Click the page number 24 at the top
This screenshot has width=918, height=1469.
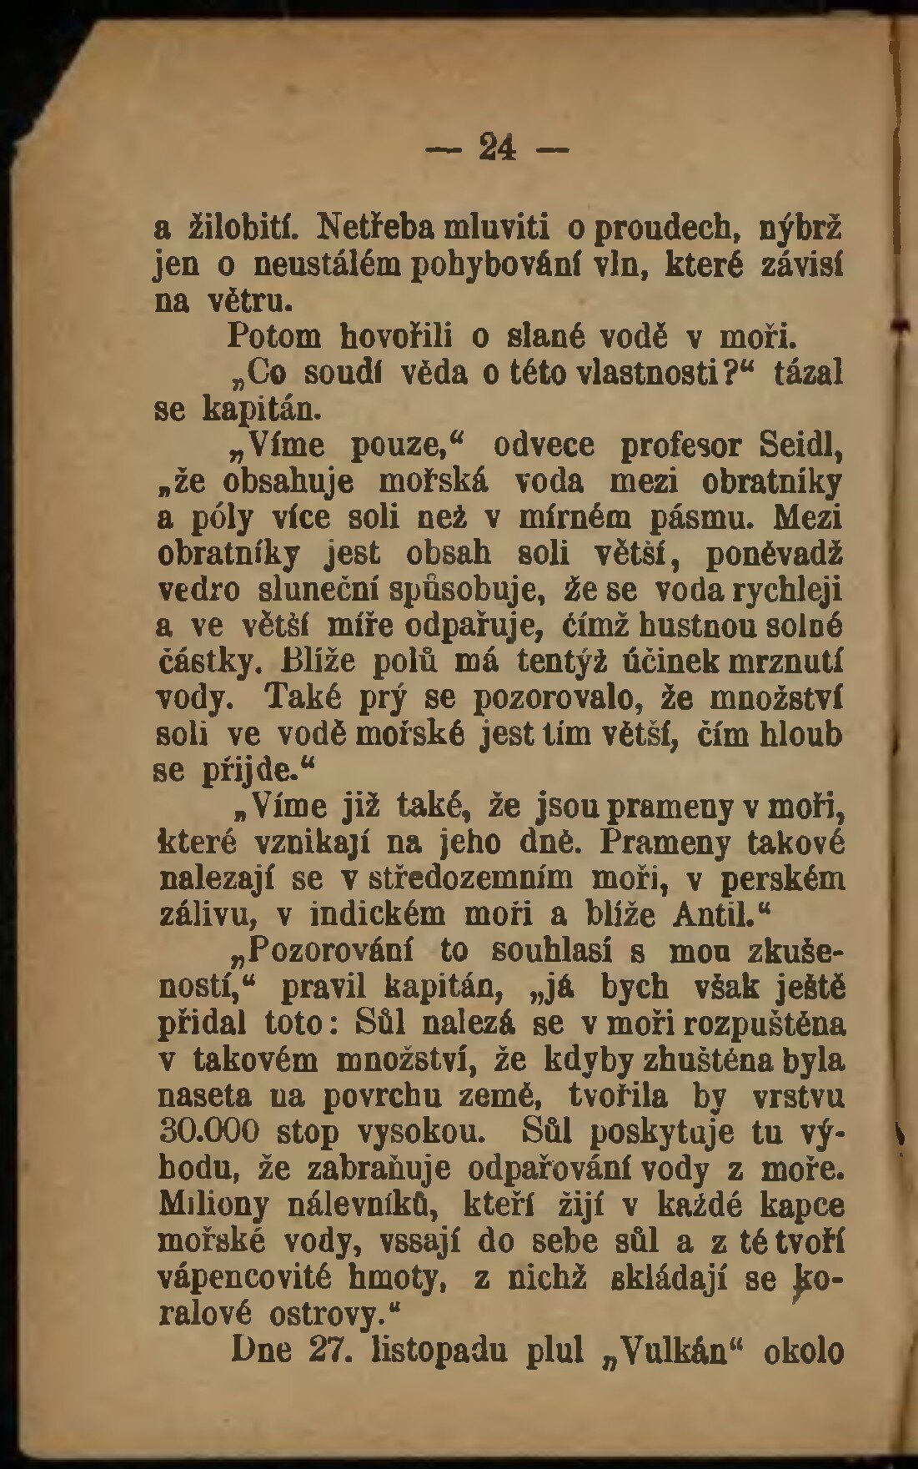click(x=497, y=148)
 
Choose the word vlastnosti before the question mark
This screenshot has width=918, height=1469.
click(x=636, y=371)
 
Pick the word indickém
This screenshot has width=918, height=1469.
click(x=382, y=914)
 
